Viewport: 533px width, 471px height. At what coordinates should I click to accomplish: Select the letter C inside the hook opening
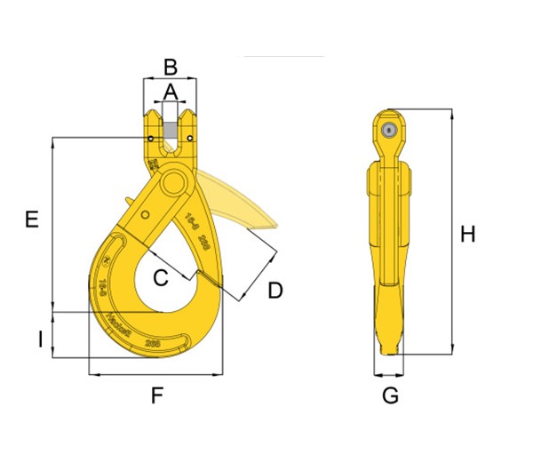(160, 278)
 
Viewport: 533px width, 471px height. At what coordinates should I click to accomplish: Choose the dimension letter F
(156, 396)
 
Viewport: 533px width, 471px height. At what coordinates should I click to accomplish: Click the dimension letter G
(390, 395)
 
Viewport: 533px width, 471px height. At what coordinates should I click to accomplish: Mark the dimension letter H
(467, 235)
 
